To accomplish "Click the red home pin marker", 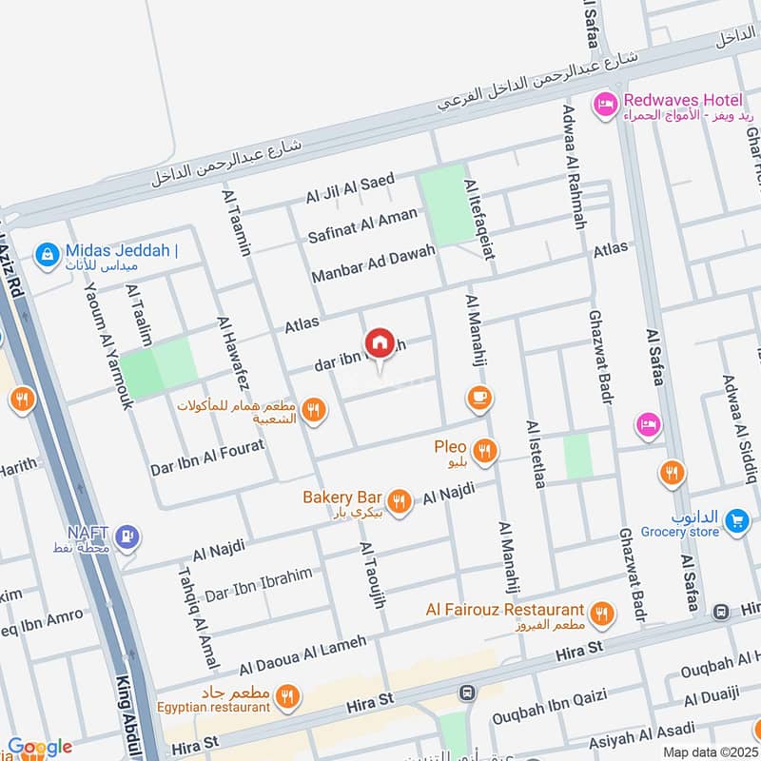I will [379, 342].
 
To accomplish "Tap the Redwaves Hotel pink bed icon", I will [603, 106].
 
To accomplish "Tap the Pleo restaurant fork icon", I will [485, 450].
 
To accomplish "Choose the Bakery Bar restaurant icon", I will [400, 500].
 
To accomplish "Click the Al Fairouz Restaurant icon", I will [600, 615].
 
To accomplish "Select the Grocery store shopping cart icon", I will [735, 520].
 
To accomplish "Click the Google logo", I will [39, 747].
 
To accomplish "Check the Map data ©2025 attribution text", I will [710, 752].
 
